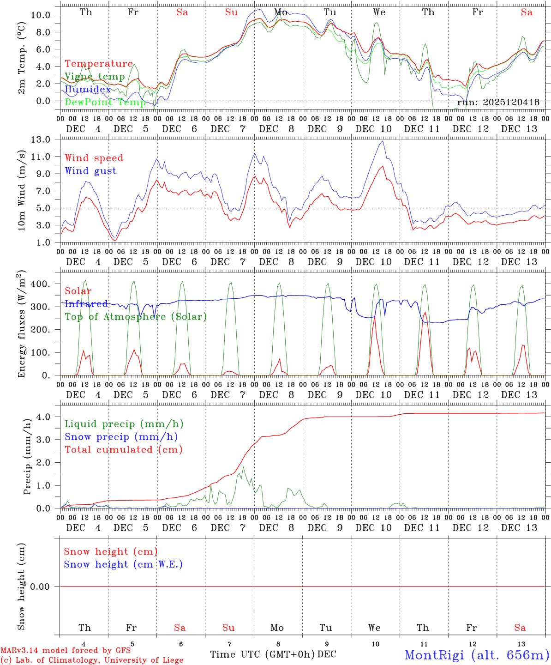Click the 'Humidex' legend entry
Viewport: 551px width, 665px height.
coord(88,89)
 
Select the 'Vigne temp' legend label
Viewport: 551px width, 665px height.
coord(95,77)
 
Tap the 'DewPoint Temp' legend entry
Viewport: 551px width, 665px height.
coord(105,102)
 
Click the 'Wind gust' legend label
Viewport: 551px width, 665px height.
coord(90,171)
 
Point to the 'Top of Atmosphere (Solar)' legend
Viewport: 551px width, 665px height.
coord(136,317)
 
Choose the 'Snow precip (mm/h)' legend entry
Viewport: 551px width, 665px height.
coord(121,437)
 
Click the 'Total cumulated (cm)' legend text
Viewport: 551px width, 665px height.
coord(124,449)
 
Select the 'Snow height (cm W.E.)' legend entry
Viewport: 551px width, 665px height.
coord(123,564)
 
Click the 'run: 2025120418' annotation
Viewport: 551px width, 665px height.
coord(498,103)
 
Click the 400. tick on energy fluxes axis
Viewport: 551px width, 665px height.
coord(41,284)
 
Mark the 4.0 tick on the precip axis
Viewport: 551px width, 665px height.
coord(44,417)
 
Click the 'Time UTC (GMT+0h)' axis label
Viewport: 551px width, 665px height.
coord(263,654)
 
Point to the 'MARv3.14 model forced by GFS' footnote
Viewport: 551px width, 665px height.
coord(66,651)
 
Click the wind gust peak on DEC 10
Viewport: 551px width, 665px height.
coord(383,141)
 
